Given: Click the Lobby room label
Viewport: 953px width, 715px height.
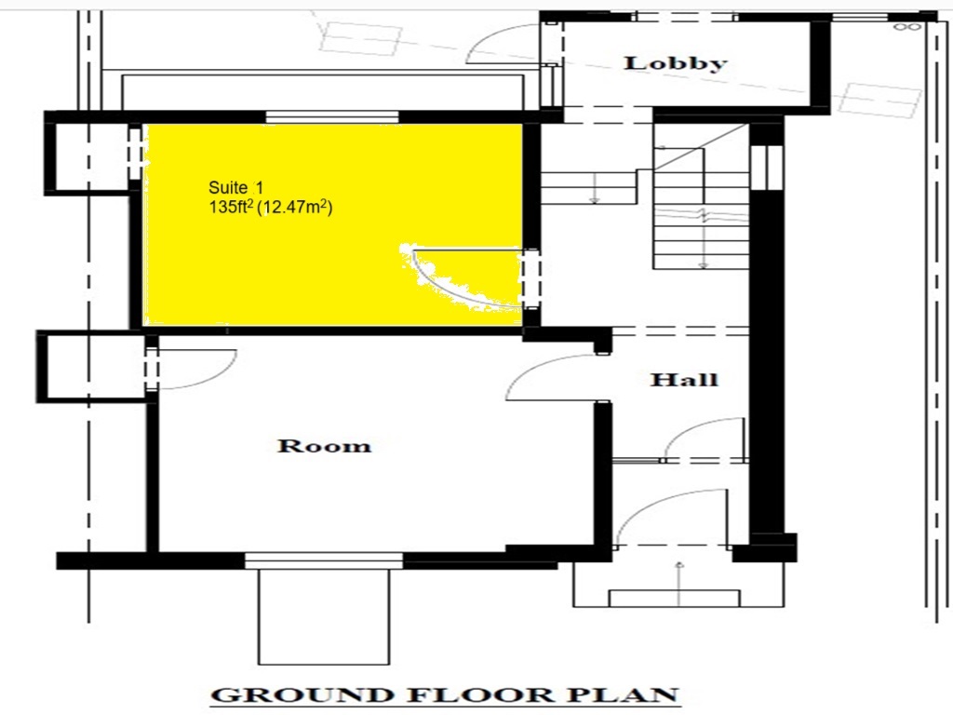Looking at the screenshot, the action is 676,63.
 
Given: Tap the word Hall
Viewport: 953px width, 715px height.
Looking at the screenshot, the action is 684,380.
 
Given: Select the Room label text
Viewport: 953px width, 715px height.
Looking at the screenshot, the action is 324,446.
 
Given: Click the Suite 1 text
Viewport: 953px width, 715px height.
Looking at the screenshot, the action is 235,188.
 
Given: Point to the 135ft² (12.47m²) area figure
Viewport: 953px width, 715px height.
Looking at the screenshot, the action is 271,208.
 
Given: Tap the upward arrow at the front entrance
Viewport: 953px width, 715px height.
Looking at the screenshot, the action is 679,576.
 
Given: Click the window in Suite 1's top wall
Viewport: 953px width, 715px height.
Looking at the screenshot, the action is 332,117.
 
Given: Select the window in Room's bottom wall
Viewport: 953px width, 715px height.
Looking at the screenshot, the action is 324,560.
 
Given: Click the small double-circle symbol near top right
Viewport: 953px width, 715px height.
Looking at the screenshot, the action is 906,27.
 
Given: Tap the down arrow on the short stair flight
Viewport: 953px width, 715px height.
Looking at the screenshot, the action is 595,188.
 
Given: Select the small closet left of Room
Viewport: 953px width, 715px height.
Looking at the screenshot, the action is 91,366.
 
